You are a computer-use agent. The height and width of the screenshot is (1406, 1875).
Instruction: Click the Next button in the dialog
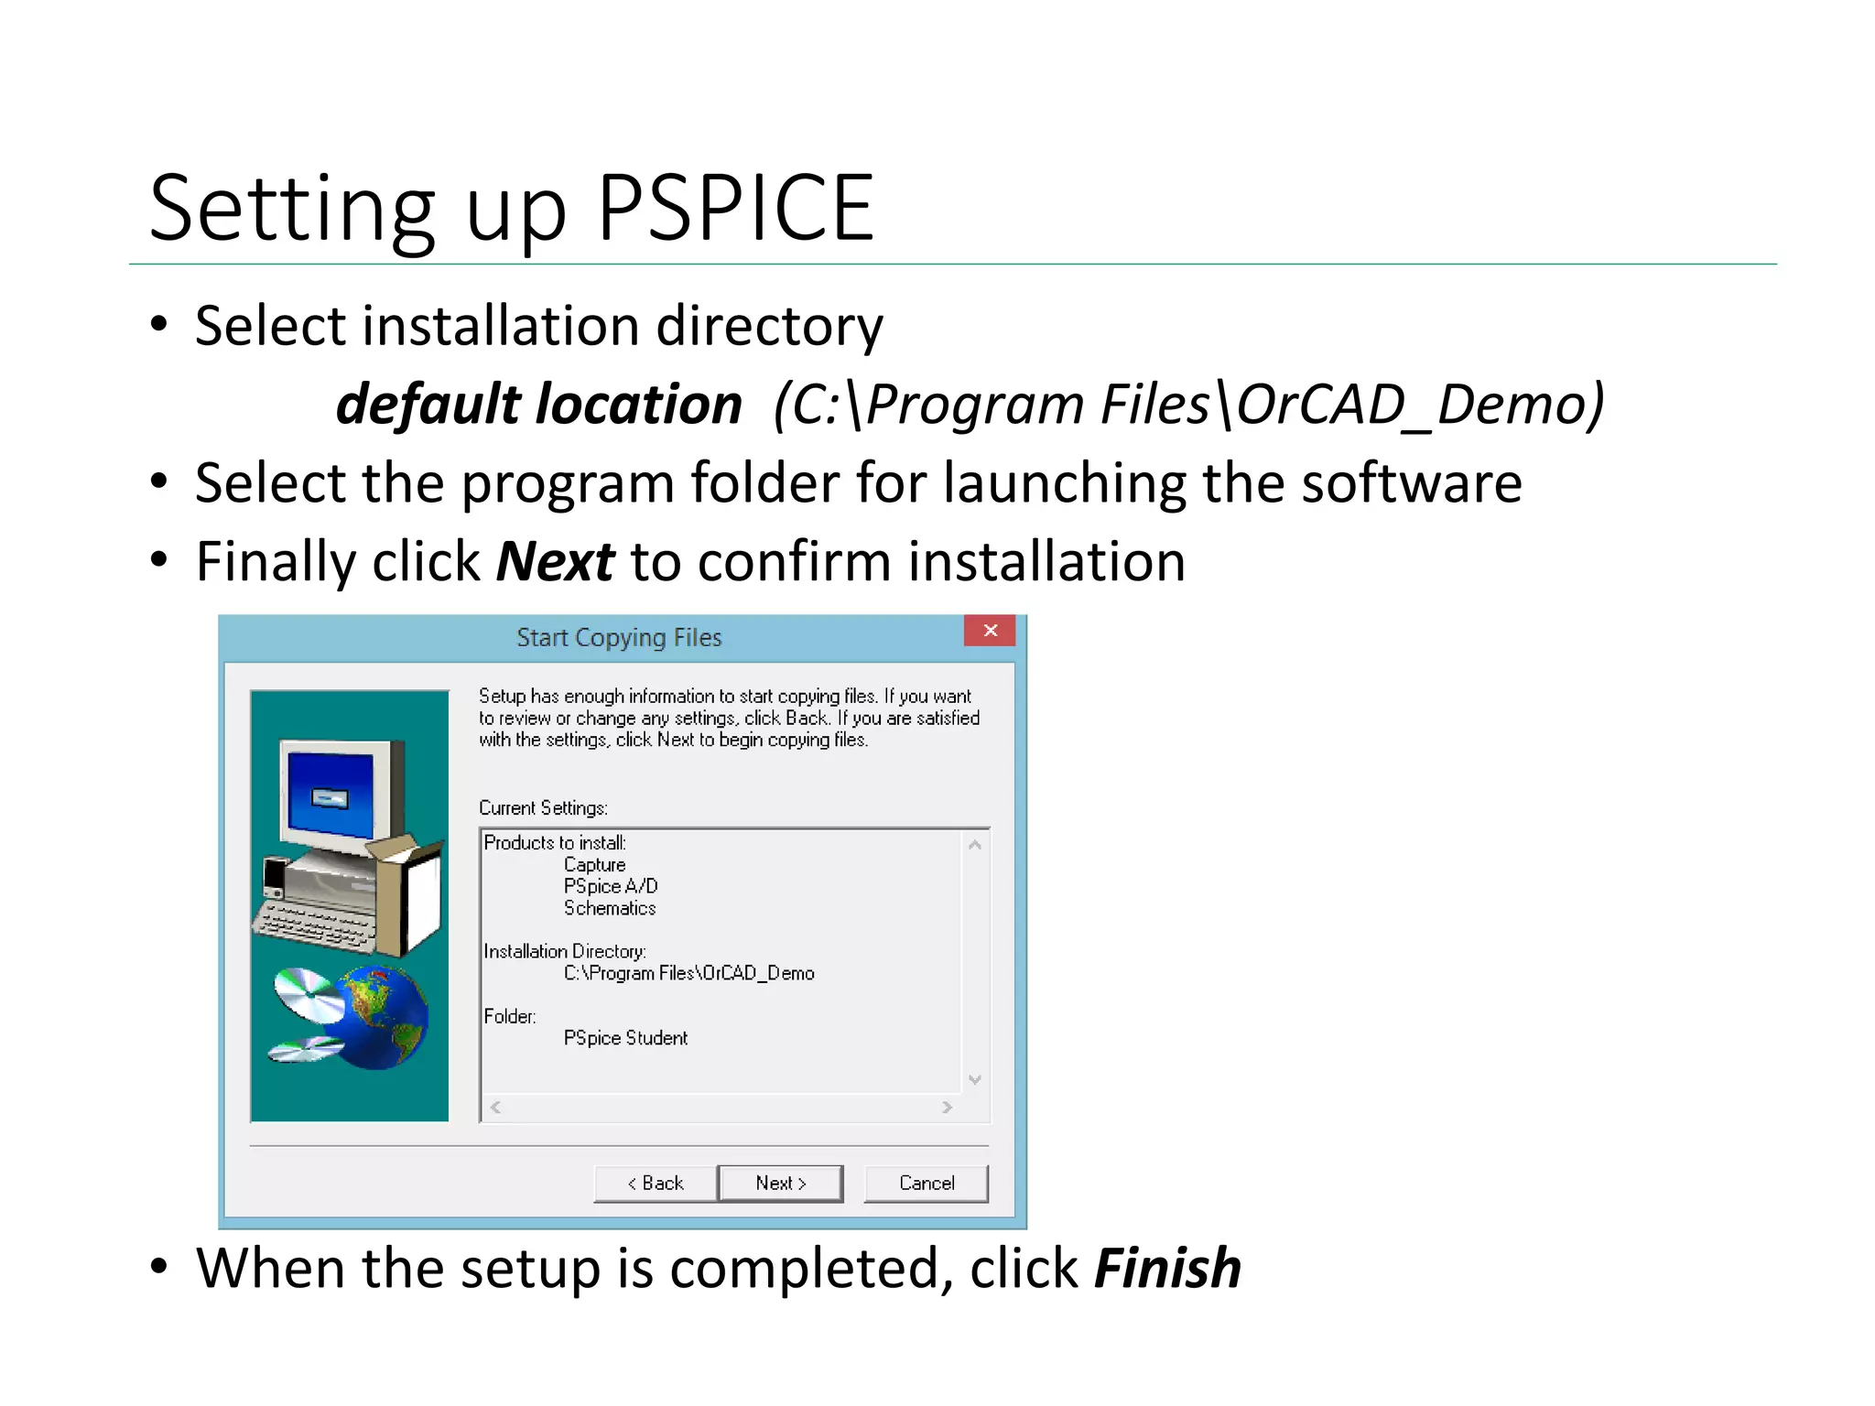point(780,1183)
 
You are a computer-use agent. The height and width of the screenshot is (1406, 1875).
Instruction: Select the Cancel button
point(926,1183)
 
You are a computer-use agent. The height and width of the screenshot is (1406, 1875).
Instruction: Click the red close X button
point(990,631)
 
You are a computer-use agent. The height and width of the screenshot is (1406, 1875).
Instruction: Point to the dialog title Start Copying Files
point(619,637)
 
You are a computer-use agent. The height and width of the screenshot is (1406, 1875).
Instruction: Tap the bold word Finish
point(1167,1268)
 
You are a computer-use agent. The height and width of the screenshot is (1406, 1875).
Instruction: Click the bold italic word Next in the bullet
point(555,561)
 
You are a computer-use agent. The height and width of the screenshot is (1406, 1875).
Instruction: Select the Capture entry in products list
point(594,864)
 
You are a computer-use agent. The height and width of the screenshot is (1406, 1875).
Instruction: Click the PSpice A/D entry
point(611,886)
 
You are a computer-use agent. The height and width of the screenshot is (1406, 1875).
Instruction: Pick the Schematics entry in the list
point(610,908)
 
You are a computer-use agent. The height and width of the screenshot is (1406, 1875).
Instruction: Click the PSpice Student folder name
point(625,1038)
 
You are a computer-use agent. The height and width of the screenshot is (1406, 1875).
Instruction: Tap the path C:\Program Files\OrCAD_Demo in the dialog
point(688,973)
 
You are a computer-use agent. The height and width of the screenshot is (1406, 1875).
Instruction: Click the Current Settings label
point(543,807)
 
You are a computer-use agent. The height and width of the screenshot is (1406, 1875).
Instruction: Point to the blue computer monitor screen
point(330,793)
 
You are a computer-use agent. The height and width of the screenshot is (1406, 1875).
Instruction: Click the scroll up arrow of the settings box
point(975,845)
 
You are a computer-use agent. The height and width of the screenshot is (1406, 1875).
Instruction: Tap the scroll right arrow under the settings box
point(947,1108)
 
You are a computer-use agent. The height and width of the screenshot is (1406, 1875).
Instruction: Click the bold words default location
point(538,404)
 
